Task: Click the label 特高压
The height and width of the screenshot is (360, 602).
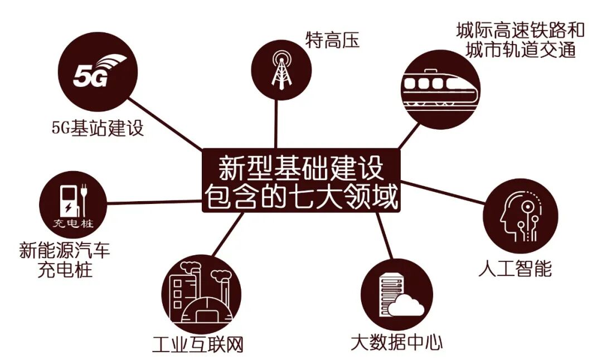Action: [333, 40]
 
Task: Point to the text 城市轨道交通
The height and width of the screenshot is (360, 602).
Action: [521, 51]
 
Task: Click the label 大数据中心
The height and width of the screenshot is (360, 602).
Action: [397, 341]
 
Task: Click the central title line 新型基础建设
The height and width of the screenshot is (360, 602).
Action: [301, 168]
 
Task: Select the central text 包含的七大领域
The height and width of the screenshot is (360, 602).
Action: [301, 197]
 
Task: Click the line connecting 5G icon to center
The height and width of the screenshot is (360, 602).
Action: [167, 125]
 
